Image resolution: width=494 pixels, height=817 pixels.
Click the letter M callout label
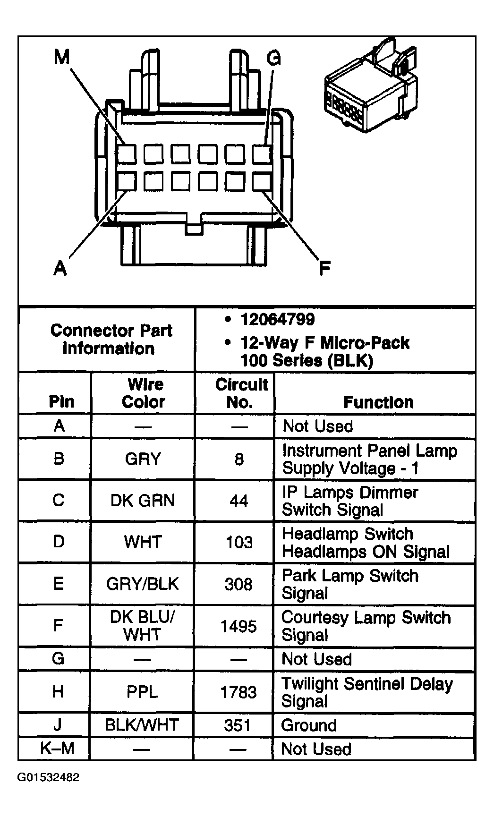click(x=61, y=58)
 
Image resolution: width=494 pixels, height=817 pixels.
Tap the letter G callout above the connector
click(x=274, y=58)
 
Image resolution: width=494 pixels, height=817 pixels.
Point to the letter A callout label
click(x=60, y=268)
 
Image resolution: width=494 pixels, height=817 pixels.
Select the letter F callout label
click(x=324, y=268)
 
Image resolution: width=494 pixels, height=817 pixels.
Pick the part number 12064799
click(x=277, y=319)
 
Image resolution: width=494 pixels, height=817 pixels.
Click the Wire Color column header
click(x=143, y=393)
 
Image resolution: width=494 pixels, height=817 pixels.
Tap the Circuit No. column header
click(x=241, y=393)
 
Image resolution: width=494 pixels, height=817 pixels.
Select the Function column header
click(x=378, y=402)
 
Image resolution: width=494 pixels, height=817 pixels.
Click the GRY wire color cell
click(x=143, y=459)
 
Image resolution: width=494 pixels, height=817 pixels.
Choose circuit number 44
click(x=239, y=500)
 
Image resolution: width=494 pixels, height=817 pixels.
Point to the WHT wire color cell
click(x=143, y=542)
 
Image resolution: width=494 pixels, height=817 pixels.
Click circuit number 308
click(x=238, y=584)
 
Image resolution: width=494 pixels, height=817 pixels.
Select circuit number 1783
click(x=238, y=692)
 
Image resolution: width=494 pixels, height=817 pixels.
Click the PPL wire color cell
click(x=142, y=692)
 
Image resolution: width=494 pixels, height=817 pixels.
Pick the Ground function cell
click(x=309, y=725)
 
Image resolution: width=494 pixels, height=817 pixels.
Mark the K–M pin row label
click(x=58, y=749)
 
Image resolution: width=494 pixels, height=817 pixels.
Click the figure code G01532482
click(x=49, y=777)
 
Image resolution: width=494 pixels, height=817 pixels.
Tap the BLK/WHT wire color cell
click(x=142, y=724)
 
